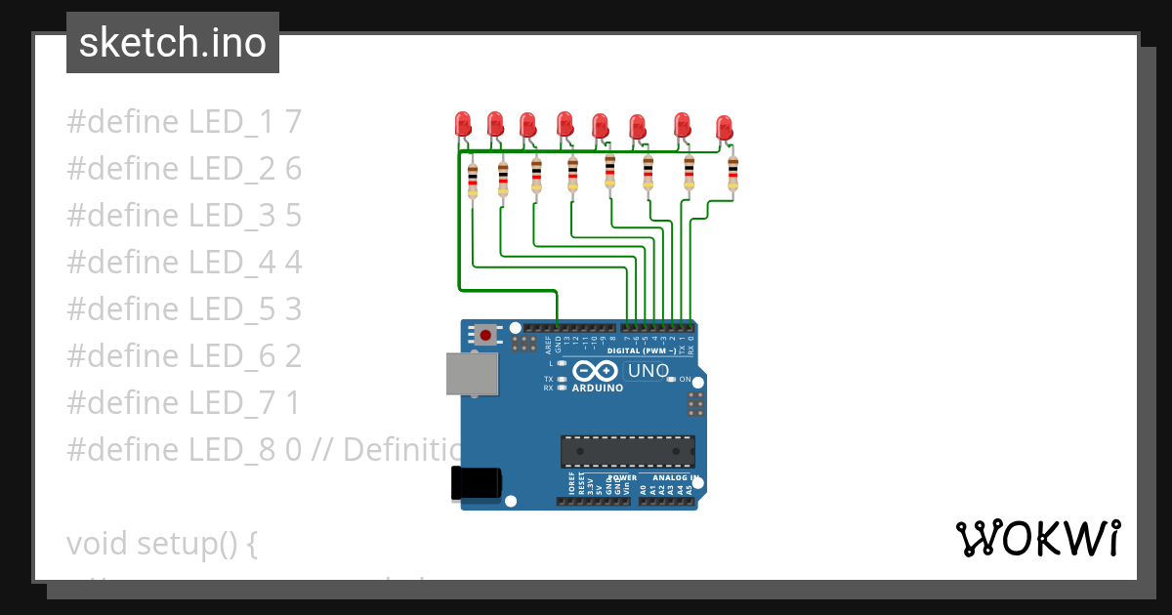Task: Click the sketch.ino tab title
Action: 173,43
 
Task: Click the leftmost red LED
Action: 463,123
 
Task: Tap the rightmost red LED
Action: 724,127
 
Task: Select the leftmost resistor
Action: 473,181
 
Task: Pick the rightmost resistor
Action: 732,174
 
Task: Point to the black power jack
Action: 477,483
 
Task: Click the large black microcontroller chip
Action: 627,452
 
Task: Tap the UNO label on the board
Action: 648,371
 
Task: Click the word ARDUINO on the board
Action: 598,388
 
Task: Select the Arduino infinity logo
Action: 596,371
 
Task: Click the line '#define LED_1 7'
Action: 185,122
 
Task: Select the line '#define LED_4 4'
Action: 185,262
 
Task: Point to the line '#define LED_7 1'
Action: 184,402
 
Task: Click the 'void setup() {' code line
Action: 162,543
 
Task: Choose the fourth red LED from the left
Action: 565,123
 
